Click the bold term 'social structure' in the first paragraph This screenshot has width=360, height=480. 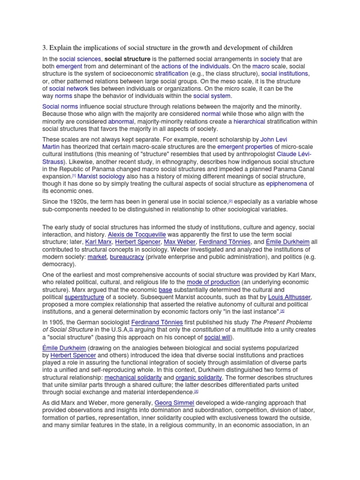pos(127,59)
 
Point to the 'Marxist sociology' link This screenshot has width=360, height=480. pos(101,176)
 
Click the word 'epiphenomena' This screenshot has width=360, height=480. pos(286,184)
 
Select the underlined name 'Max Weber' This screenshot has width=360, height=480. pos(180,242)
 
